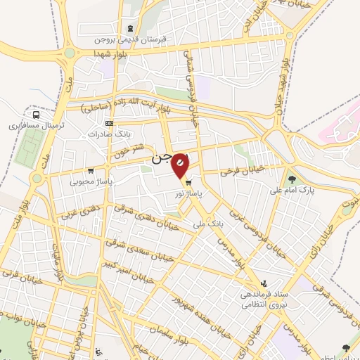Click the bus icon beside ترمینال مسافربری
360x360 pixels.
point(35,115)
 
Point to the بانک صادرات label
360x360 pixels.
point(113,134)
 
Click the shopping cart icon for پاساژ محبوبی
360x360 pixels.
point(91,170)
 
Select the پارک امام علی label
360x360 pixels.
point(292,190)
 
